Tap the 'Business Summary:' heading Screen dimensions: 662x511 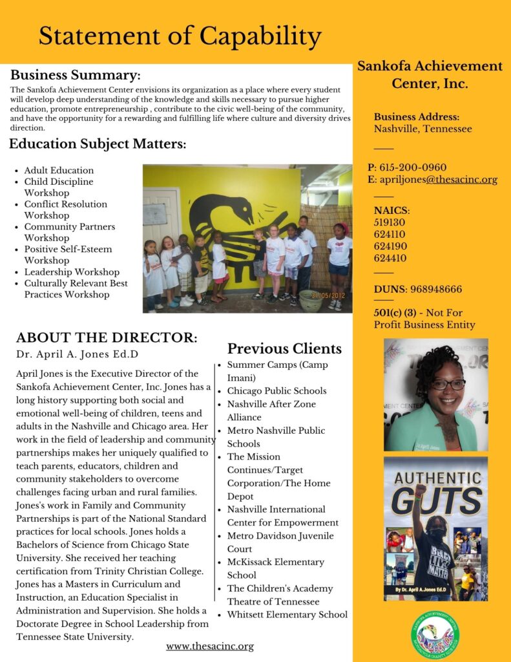coord(75,74)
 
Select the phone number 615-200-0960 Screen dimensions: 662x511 coord(412,167)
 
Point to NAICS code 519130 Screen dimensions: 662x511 coord(390,222)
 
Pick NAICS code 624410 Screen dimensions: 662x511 coord(390,258)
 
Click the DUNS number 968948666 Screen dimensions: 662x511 coord(435,289)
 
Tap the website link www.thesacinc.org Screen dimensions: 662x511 coord(209,646)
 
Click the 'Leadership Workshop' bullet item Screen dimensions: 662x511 coord(72,272)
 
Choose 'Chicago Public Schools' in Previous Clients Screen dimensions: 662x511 coord(276,390)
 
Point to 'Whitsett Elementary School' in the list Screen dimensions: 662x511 coord(287,615)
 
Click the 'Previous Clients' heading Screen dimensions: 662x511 coord(284,349)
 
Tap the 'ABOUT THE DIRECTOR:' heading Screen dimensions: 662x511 coord(107,337)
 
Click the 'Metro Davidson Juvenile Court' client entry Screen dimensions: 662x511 coord(280,542)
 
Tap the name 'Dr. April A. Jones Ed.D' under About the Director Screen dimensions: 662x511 coord(77,354)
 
